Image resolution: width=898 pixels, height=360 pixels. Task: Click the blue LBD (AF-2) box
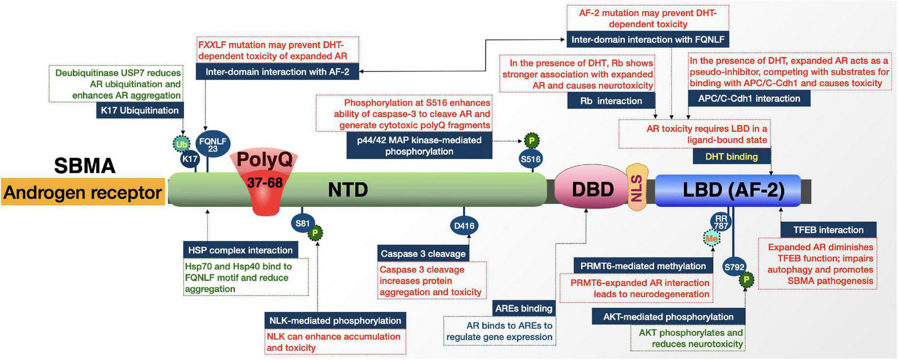(728, 190)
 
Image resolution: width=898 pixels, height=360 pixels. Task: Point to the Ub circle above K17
(181, 144)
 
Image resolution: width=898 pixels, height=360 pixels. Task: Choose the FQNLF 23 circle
(213, 145)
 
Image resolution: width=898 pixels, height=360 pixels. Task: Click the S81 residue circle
(303, 223)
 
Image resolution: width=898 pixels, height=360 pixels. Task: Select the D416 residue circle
(464, 226)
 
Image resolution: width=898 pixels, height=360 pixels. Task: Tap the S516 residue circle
(531, 159)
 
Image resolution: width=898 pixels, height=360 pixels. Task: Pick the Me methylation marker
(712, 238)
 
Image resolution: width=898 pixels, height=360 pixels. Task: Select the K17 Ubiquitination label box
(140, 111)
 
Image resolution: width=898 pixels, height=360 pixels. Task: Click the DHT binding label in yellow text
(731, 157)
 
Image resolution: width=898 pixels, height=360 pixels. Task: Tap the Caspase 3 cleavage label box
(423, 254)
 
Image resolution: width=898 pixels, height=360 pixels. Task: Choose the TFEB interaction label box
(828, 230)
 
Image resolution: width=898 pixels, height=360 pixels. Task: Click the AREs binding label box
(523, 308)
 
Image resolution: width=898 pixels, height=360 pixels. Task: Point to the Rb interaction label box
(611, 101)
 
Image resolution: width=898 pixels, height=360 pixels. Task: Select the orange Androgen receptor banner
(83, 192)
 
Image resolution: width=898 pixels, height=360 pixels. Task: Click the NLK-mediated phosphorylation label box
(335, 320)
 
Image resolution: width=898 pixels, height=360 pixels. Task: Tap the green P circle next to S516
(532, 140)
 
